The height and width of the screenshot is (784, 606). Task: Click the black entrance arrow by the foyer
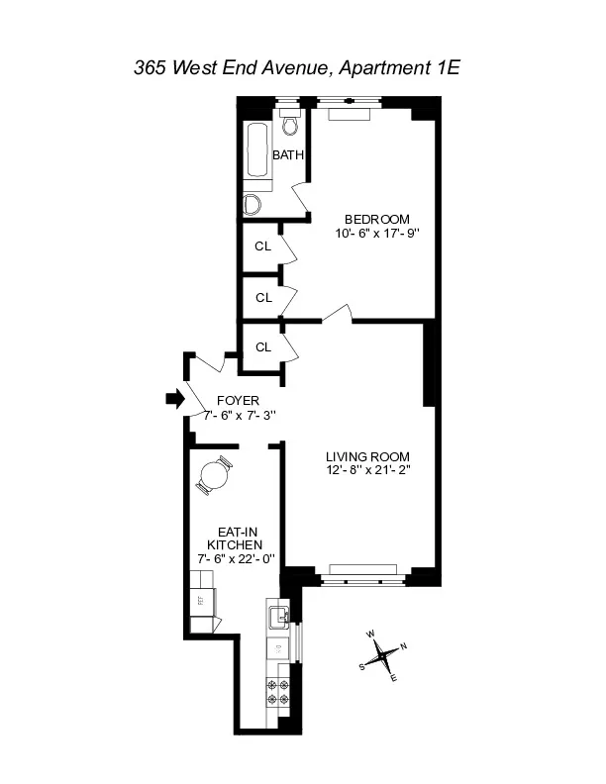pos(174,398)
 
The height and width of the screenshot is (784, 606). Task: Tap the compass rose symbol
pos(381,653)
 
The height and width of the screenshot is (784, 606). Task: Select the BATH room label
pos(288,155)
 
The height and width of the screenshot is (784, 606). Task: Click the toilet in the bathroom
pos(290,126)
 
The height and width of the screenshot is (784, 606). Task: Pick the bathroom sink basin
pos(252,205)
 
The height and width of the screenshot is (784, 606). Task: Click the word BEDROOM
pos(376,220)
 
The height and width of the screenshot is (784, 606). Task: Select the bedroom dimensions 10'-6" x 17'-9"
pos(376,234)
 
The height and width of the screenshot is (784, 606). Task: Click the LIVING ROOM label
pos(366,456)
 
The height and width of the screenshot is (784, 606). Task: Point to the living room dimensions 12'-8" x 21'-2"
pos(366,470)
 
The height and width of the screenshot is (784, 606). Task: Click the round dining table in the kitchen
pos(214,476)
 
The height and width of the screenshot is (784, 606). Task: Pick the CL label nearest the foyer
pos(263,347)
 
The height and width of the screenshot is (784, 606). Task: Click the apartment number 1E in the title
pos(451,68)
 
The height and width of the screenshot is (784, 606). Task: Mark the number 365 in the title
pos(151,68)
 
